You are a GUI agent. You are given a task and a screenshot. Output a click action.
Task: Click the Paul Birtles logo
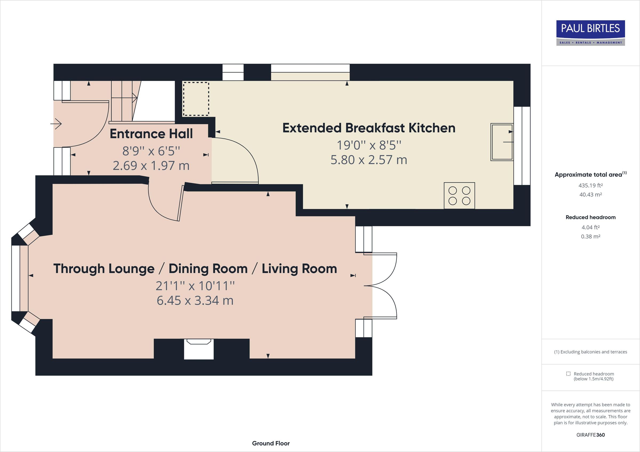click(590, 33)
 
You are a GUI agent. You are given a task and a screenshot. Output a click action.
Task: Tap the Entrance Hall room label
click(151, 134)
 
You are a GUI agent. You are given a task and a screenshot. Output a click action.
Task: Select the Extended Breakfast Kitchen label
click(369, 128)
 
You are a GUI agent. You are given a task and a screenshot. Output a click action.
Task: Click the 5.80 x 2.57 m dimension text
click(369, 160)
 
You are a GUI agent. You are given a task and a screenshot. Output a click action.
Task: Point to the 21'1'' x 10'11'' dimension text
click(195, 286)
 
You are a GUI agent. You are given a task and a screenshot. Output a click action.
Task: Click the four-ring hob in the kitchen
click(459, 196)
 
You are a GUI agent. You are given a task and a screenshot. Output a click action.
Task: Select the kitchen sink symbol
click(502, 142)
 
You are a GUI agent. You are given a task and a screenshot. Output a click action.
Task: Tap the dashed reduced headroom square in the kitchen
click(196, 99)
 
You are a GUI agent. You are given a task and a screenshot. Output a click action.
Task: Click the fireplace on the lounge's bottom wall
click(199, 349)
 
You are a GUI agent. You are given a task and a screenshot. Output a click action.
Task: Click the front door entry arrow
click(57, 124)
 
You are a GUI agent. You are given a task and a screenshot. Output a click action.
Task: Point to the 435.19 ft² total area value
click(590, 185)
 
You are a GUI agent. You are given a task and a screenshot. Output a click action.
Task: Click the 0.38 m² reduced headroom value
click(590, 237)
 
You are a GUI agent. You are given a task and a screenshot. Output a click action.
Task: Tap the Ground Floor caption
click(271, 443)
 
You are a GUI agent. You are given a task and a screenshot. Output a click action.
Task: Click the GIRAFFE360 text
click(590, 435)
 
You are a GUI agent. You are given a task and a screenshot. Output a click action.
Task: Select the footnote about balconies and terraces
click(590, 352)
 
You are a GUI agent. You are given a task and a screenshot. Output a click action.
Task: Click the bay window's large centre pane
click(16, 278)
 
